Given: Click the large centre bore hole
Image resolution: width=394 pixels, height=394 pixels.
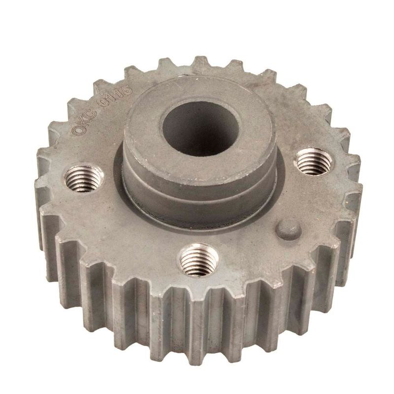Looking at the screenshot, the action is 200,128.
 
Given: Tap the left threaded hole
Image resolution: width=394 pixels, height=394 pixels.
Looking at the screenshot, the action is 84,178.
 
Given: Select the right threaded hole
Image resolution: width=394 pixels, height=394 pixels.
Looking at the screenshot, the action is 312,162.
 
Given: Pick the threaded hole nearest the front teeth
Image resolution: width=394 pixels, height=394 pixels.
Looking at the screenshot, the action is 199,260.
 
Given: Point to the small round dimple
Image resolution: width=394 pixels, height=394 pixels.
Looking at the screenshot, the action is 288,229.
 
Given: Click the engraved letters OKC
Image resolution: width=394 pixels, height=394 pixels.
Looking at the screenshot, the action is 85,122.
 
